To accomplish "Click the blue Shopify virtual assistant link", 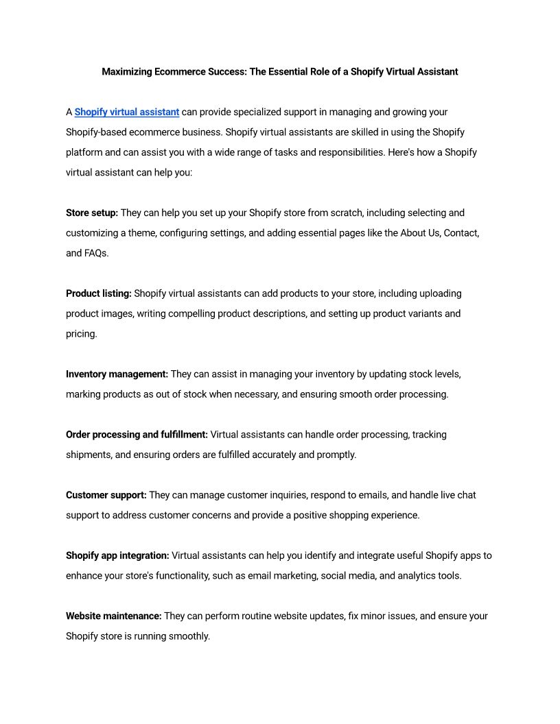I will tap(127, 112).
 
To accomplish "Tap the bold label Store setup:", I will tap(92, 213).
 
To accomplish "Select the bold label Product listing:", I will tap(99, 293).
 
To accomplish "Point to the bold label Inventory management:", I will tap(117, 374).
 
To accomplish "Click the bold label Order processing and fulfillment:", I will tap(137, 435).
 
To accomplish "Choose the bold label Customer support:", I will tap(106, 495).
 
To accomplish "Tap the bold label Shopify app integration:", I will tap(117, 555).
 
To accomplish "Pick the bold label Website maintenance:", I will tap(114, 616).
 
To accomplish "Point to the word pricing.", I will tap(81, 334).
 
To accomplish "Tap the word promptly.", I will tap(336, 455).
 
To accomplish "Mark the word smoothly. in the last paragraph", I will tap(189, 636).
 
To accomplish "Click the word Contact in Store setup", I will tap(460, 233).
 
